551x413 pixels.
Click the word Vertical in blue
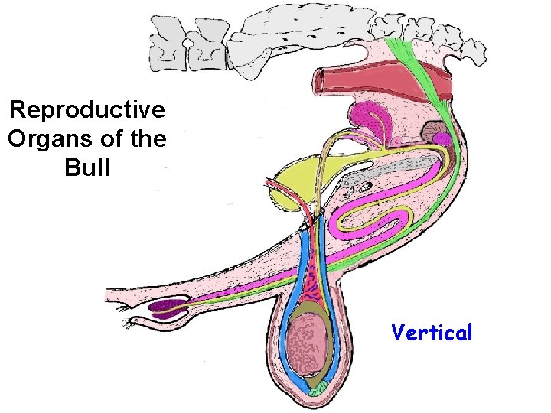(432, 333)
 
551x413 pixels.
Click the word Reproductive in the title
(86, 110)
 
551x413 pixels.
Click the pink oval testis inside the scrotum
(311, 344)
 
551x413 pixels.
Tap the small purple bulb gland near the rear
(443, 138)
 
